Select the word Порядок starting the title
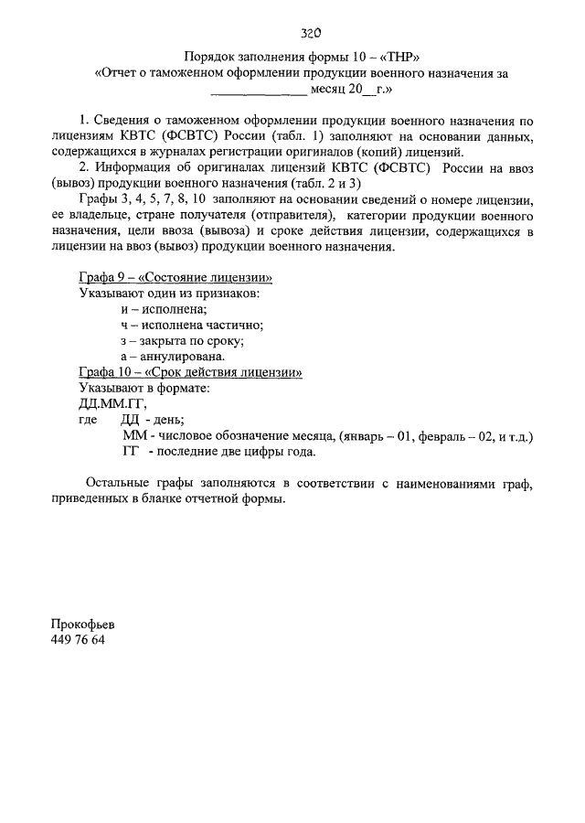(x=207, y=56)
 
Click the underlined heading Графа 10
(x=189, y=372)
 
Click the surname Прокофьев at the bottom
(x=83, y=625)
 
